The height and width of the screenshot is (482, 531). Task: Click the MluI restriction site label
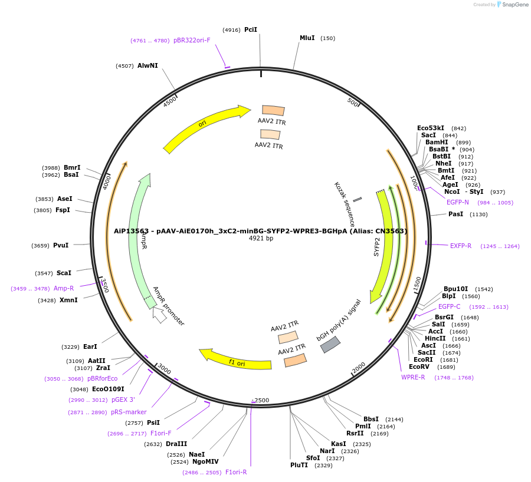(307, 38)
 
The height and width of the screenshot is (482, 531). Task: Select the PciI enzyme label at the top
(251, 29)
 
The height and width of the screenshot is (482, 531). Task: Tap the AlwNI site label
(147, 65)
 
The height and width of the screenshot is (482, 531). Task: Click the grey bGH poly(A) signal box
(330, 344)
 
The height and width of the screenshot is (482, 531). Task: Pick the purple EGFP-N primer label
(458, 202)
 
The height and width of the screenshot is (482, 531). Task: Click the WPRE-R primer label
(413, 377)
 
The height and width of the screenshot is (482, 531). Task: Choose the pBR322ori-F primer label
(192, 40)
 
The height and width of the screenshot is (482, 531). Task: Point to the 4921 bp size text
(261, 239)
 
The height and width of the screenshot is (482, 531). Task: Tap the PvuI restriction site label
(61, 245)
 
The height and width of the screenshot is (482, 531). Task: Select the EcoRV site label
(419, 367)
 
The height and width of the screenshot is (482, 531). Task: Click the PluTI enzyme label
(299, 465)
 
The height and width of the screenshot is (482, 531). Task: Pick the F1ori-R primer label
(236, 472)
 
